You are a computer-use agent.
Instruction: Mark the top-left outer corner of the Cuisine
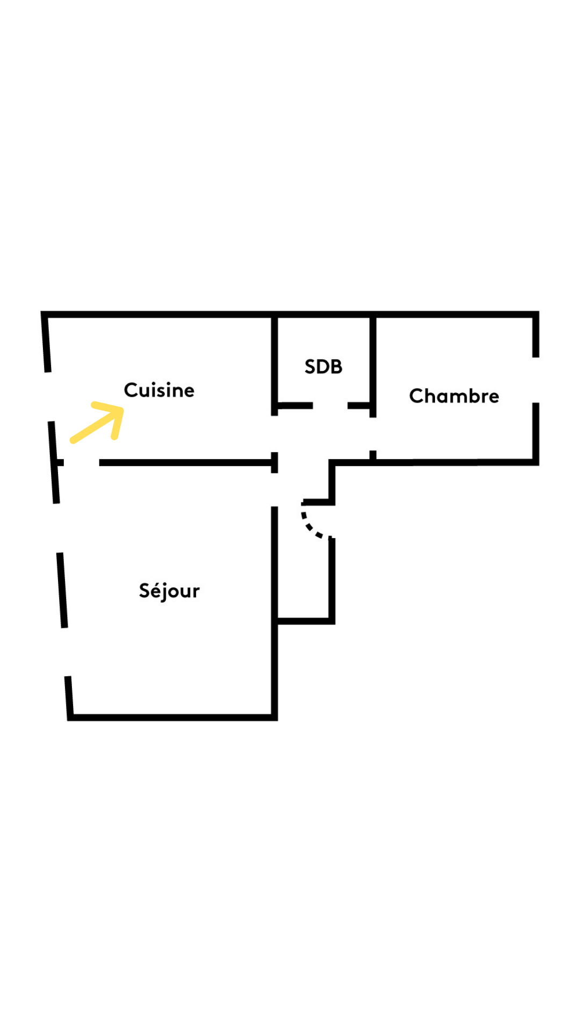point(41,311)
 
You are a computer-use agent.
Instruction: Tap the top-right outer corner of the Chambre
point(539,311)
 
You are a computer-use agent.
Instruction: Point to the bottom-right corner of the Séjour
point(277,720)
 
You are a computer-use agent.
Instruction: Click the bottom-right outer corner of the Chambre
point(539,465)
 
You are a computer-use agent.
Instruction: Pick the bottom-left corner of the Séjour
point(68,720)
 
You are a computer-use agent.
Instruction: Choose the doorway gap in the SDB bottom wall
point(330,405)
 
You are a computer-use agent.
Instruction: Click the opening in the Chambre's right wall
point(535,380)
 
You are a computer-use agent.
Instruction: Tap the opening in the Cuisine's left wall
point(49,397)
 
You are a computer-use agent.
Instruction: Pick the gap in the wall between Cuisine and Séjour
point(82,462)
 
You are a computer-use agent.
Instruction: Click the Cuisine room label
point(159,390)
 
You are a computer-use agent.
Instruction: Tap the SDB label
point(323,367)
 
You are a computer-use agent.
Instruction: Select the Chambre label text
point(454,396)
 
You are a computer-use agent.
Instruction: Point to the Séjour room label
point(169,591)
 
